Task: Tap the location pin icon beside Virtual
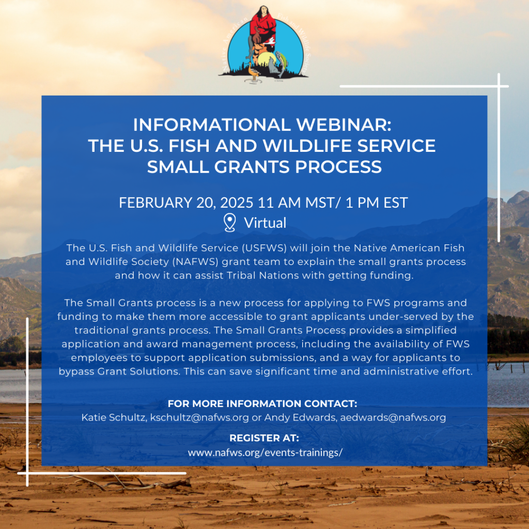point(229,223)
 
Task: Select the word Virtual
point(265,223)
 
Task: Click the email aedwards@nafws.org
point(393,417)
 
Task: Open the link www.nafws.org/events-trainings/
point(265,452)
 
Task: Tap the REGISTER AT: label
point(264,439)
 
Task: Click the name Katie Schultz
point(113,417)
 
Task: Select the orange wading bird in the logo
point(252,70)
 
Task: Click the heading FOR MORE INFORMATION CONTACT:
point(262,403)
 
